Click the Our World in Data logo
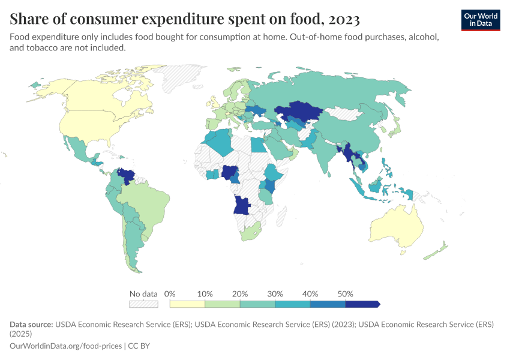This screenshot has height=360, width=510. pyautogui.click(x=481, y=20)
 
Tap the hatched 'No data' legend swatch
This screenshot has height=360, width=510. pyautogui.click(x=143, y=304)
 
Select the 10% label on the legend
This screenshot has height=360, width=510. pyautogui.click(x=205, y=294)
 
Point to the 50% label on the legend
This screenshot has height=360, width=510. pyautogui.click(x=346, y=294)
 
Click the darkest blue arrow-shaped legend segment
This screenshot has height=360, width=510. pyautogui.click(x=362, y=304)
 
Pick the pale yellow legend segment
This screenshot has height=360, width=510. pyautogui.click(x=187, y=304)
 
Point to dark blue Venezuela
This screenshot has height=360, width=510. pyautogui.click(x=127, y=176)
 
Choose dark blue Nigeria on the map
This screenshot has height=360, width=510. pyautogui.click(x=230, y=173)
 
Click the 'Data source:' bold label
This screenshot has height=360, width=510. pyautogui.click(x=31, y=324)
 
